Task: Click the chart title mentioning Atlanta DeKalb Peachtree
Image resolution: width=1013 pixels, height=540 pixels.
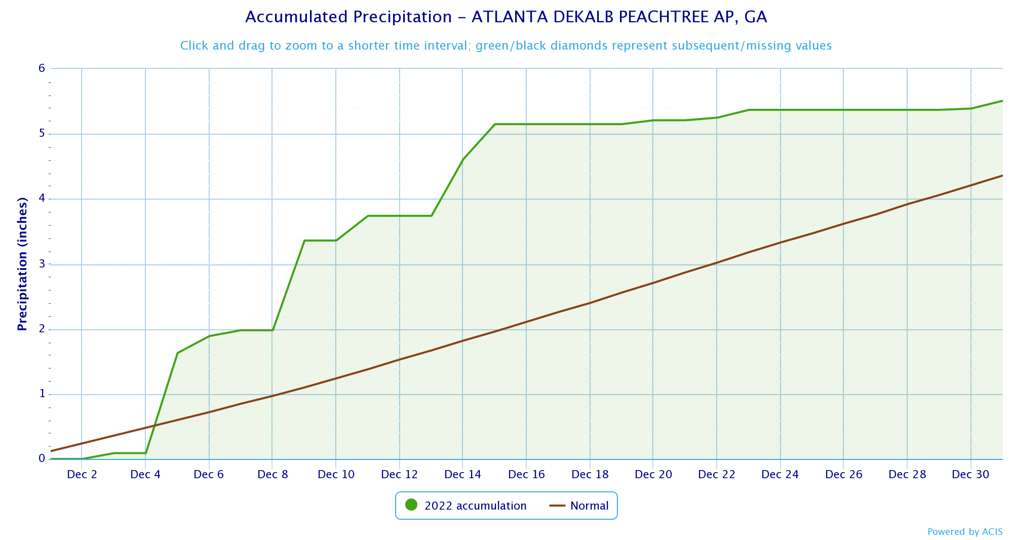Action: click(506, 17)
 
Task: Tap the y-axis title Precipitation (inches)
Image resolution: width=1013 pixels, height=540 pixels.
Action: click(22, 264)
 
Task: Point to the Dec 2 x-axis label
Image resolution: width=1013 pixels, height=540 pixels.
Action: click(82, 475)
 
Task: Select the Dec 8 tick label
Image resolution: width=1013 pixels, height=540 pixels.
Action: click(272, 475)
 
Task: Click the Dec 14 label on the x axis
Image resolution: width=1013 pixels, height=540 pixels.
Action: click(462, 475)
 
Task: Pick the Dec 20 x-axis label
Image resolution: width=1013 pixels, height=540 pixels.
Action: click(653, 475)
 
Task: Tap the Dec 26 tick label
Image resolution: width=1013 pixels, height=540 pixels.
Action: click(843, 475)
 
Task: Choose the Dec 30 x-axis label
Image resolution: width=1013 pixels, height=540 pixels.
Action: click(970, 475)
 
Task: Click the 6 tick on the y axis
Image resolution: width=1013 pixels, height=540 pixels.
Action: click(42, 68)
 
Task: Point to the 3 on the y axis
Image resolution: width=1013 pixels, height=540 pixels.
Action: click(42, 264)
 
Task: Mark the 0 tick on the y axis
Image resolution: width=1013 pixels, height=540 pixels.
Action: click(42, 458)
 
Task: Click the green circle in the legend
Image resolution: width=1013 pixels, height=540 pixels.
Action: click(411, 505)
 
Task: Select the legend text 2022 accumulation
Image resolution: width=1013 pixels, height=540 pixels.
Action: click(475, 506)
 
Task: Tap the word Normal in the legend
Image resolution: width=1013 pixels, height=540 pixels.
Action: click(589, 506)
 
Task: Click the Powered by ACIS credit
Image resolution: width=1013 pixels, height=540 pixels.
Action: click(965, 531)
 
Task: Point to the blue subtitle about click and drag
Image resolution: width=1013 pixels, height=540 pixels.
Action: click(506, 46)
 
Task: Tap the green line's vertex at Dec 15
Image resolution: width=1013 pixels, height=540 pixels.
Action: click(495, 124)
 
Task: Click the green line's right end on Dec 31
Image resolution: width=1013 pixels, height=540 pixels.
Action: click(1002, 101)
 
